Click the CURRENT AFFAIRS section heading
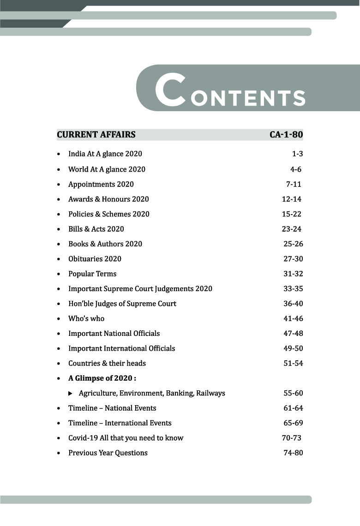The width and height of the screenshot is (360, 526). click(x=96, y=135)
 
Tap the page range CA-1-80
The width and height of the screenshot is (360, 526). click(x=286, y=135)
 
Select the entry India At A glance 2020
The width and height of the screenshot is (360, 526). click(x=105, y=154)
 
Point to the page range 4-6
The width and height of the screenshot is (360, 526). click(x=296, y=169)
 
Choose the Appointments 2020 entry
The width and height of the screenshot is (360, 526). click(x=101, y=185)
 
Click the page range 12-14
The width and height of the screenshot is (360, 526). click(x=292, y=199)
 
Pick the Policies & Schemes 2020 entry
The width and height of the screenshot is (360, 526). click(x=109, y=214)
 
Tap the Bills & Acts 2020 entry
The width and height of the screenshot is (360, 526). click(x=96, y=229)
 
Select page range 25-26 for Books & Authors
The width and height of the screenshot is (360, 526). click(x=293, y=244)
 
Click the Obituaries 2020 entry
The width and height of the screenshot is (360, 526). click(x=95, y=259)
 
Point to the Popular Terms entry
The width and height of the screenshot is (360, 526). click(x=92, y=274)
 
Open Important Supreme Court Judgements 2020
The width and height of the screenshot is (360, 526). click(x=140, y=289)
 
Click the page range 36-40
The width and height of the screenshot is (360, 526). click(x=293, y=304)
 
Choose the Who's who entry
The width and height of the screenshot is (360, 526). click(x=86, y=319)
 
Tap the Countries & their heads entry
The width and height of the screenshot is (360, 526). click(x=107, y=364)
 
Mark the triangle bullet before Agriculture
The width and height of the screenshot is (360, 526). click(x=70, y=394)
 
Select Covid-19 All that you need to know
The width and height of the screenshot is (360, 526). click(x=126, y=438)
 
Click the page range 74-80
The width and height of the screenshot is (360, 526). click(x=293, y=453)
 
